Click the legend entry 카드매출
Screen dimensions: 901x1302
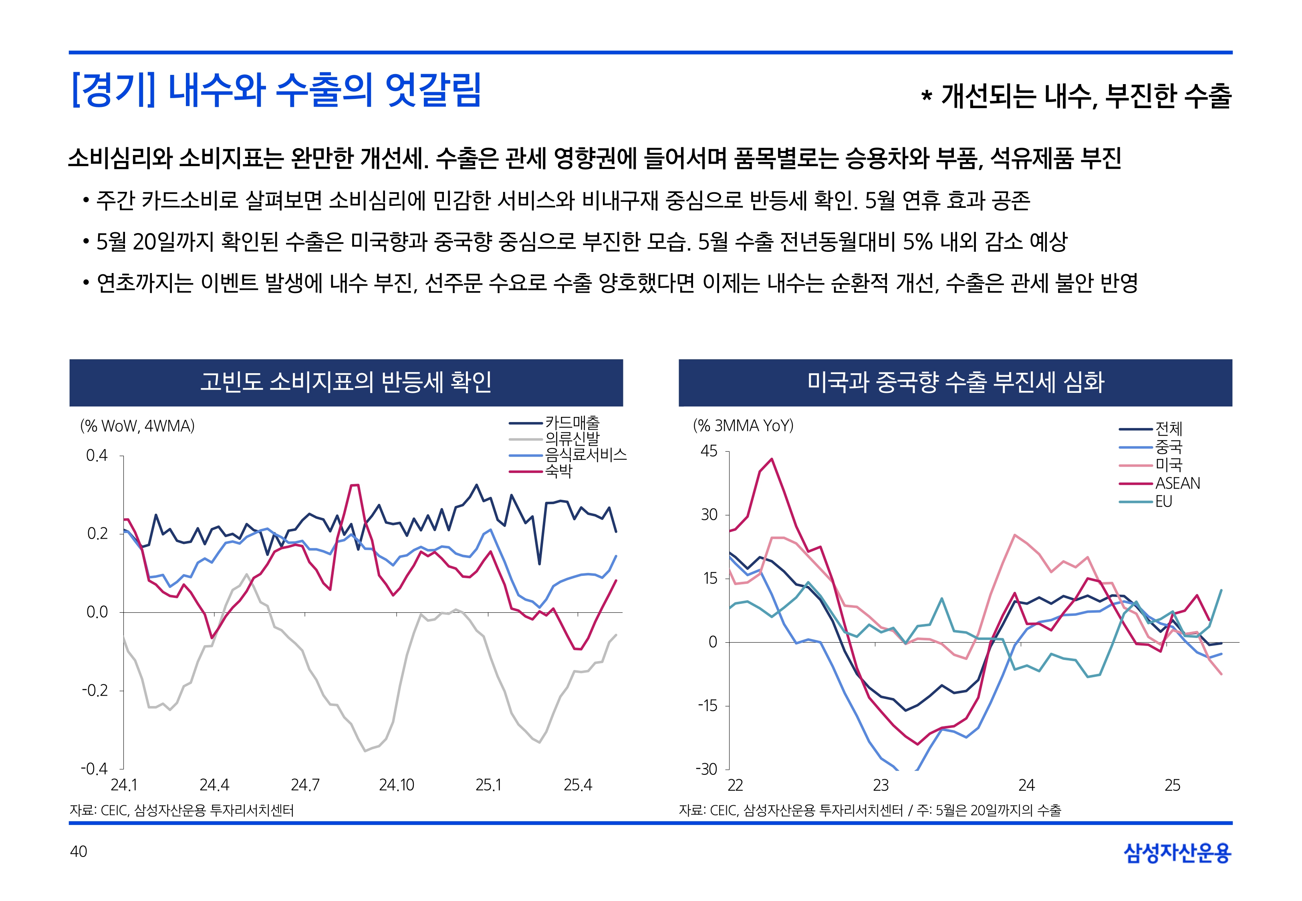click(x=571, y=422)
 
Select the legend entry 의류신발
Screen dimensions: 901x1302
click(x=571, y=438)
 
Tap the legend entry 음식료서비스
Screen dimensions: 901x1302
click(x=585, y=455)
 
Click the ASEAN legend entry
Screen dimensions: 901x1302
click(x=1177, y=483)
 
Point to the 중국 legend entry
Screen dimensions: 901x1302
click(x=1168, y=447)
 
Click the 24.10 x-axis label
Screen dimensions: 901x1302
click(x=396, y=785)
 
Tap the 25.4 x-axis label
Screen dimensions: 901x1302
click(x=578, y=785)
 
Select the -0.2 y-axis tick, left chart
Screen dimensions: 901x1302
click(x=95, y=690)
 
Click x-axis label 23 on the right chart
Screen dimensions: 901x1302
click(x=881, y=785)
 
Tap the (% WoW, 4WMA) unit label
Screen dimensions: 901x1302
click(x=137, y=426)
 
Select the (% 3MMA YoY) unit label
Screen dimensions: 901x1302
click(x=743, y=425)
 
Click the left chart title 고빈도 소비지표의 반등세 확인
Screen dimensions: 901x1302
click(x=346, y=382)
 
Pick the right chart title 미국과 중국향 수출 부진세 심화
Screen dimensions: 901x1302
click(x=955, y=382)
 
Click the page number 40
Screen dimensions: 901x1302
click(x=79, y=851)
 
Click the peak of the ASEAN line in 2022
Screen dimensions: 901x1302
click(x=772, y=459)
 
